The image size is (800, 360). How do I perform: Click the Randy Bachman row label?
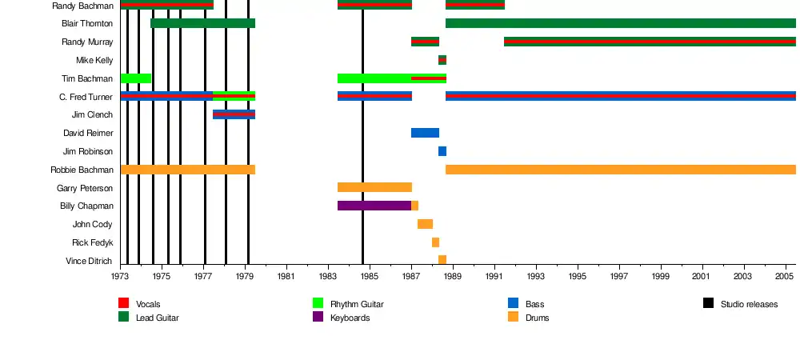tap(82, 6)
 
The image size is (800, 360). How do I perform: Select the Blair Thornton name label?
tap(87, 23)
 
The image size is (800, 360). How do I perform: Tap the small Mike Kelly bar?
tap(442, 60)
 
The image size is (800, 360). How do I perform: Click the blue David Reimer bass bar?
tap(425, 133)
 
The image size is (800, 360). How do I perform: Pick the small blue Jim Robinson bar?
tap(442, 151)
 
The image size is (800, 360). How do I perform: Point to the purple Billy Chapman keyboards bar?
tap(374, 206)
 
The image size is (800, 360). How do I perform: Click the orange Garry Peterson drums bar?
tap(374, 187)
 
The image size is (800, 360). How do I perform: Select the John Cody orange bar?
tap(425, 224)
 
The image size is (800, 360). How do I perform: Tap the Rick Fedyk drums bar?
tap(435, 242)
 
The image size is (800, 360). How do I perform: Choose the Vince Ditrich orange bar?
tap(442, 260)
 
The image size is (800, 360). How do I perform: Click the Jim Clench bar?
tap(234, 114)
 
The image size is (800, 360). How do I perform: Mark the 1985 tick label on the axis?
tap(369, 277)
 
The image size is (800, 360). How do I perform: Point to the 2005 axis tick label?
tap(786, 277)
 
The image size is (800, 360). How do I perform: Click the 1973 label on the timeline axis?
tap(120, 277)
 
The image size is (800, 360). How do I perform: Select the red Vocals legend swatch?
tap(124, 303)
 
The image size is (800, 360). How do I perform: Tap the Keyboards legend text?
tap(350, 318)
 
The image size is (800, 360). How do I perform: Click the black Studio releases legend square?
tap(709, 303)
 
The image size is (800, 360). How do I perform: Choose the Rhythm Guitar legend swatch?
tap(318, 303)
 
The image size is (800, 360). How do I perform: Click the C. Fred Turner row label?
tap(86, 97)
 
